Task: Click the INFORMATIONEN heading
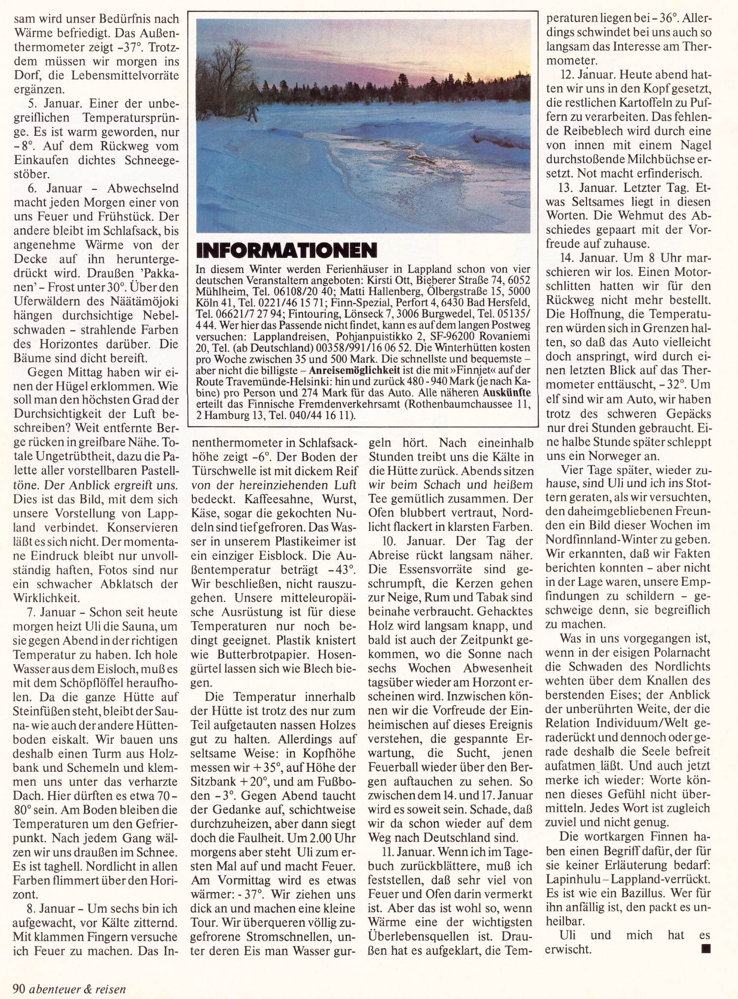click(x=286, y=250)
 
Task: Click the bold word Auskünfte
click(x=507, y=393)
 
